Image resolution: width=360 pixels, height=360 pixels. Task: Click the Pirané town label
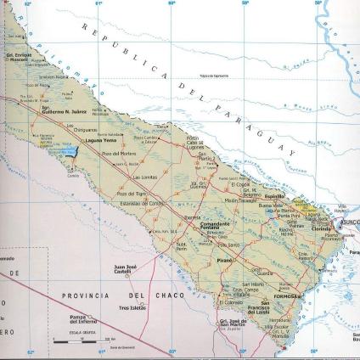[225, 253]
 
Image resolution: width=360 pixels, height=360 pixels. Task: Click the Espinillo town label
[273, 194]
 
